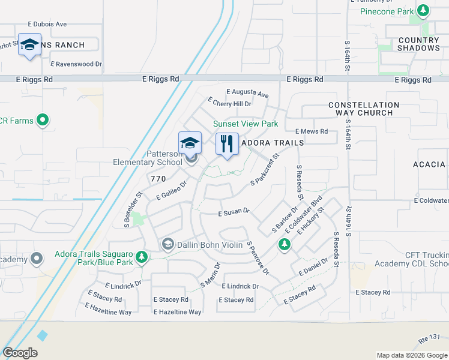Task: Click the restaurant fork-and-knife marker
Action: pyautogui.click(x=227, y=144)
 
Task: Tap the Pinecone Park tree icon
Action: pyautogui.click(x=423, y=11)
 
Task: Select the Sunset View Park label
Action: pyautogui.click(x=246, y=124)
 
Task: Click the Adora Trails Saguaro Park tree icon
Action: pyautogui.click(x=142, y=257)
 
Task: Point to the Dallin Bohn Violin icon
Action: pyautogui.click(x=167, y=244)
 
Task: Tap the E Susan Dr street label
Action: pyautogui.click(x=234, y=213)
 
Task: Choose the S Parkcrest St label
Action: pyautogui.click(x=265, y=169)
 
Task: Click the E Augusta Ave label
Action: pyautogui.click(x=247, y=93)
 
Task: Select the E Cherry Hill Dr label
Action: pyautogui.click(x=229, y=103)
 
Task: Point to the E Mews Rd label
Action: pyautogui.click(x=312, y=131)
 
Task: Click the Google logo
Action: pyautogui.click(x=20, y=353)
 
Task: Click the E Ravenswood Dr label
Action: pyautogui.click(x=76, y=63)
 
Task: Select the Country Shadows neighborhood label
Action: pyautogui.click(x=419, y=44)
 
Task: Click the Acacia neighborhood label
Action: pyautogui.click(x=429, y=164)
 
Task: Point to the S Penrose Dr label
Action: pyautogui.click(x=258, y=258)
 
